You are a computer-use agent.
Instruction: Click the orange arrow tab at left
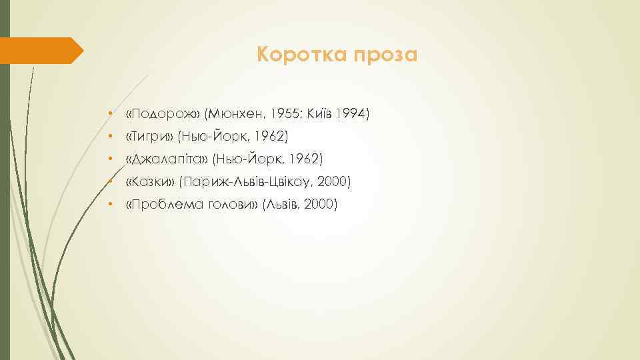[x=40, y=51]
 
